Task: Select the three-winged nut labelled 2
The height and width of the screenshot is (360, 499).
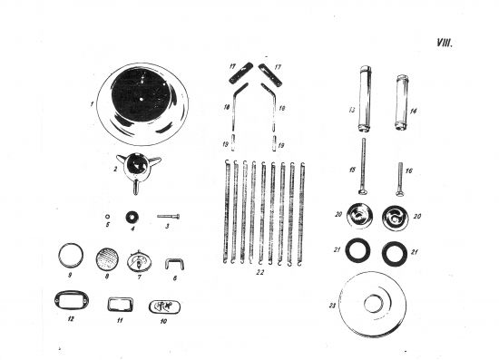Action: pos(140,169)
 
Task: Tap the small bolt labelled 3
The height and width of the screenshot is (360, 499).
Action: pos(171,216)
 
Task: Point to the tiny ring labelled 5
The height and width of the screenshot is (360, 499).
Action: pos(108,217)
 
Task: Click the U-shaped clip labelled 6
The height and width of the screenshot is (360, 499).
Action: pos(169,265)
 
